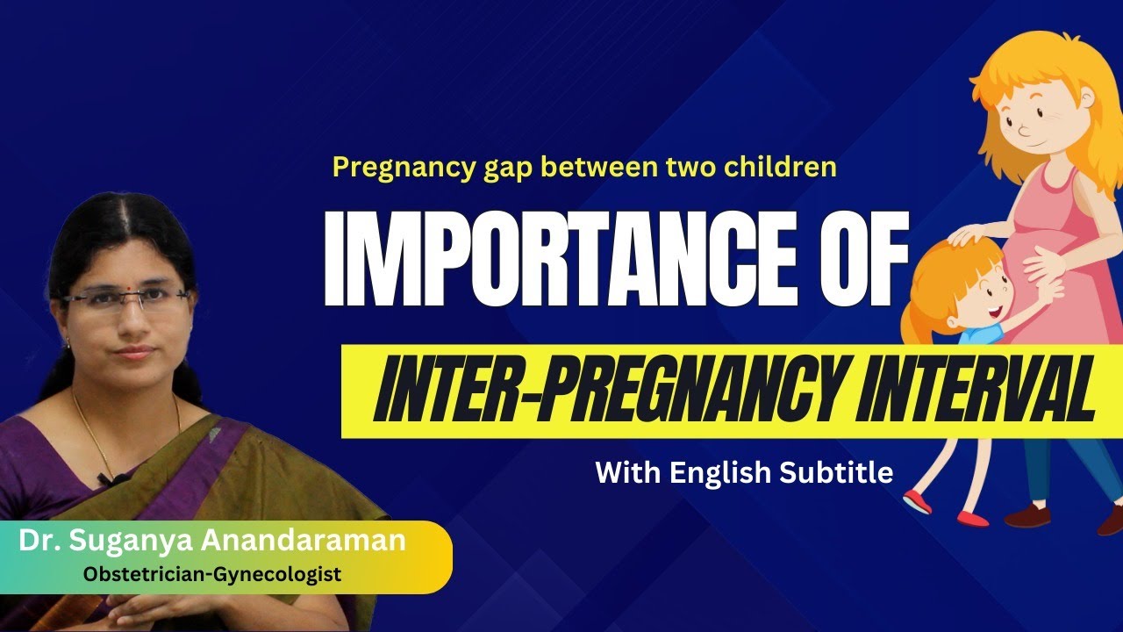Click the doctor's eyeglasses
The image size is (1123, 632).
point(125,300)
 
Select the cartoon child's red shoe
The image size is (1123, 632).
point(917,501)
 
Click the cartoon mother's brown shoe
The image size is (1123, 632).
point(1026,515)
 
